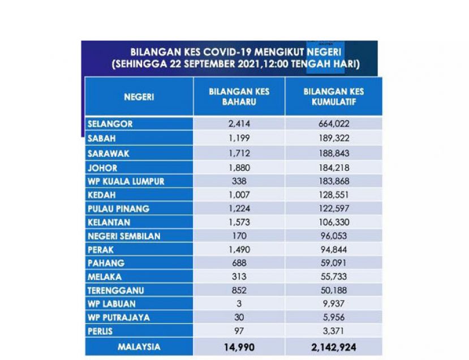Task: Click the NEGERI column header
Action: click(x=139, y=97)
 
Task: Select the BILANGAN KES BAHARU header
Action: click(x=239, y=97)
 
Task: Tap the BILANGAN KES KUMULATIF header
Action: click(x=334, y=97)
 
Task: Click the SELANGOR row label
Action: click(x=110, y=124)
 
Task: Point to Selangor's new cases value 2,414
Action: click(x=239, y=123)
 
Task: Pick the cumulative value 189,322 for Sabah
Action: click(x=334, y=138)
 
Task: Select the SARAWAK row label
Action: click(x=108, y=153)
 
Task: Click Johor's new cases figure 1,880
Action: click(x=239, y=168)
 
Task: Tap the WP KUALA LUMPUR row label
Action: click(x=126, y=181)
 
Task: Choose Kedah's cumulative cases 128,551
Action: click(x=334, y=195)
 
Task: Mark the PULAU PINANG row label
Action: click(x=118, y=208)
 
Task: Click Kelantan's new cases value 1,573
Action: click(x=239, y=222)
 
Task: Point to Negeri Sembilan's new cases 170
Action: click(x=239, y=236)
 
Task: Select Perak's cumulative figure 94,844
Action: click(x=334, y=250)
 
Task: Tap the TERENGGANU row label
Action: click(x=116, y=290)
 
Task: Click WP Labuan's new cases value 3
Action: click(x=239, y=304)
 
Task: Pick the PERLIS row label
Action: click(x=100, y=331)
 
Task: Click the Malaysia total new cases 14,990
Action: click(x=239, y=347)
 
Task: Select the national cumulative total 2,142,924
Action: click(x=334, y=347)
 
